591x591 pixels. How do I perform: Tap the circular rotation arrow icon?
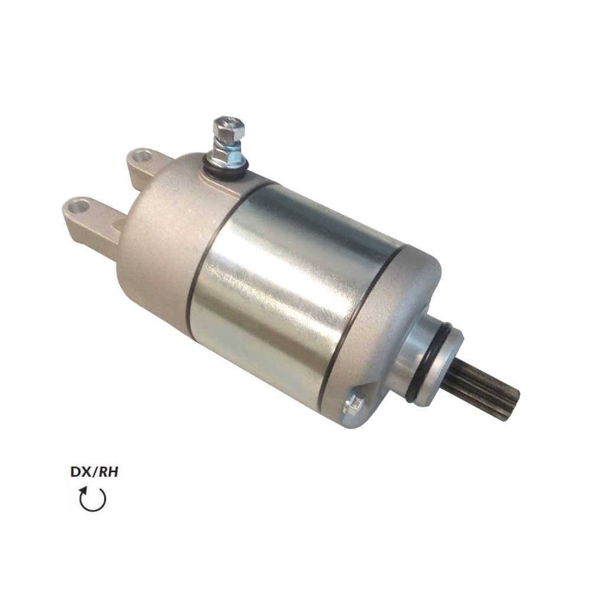(93, 499)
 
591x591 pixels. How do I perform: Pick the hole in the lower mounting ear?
(77, 207)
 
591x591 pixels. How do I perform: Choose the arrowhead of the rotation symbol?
(85, 490)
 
